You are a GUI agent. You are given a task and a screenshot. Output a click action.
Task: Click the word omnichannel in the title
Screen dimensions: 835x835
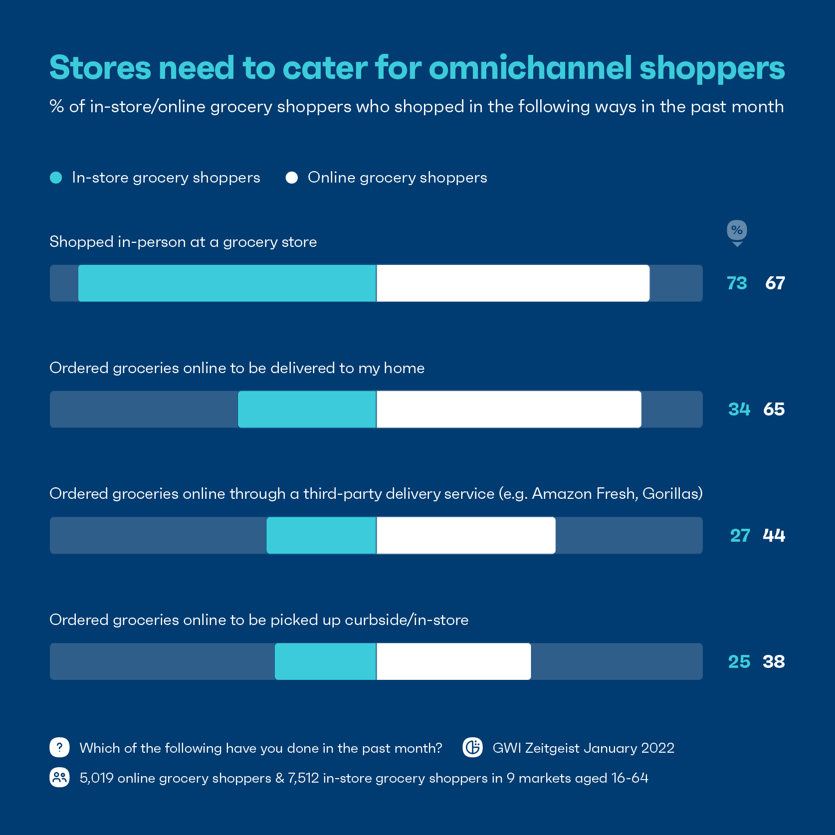tap(531, 68)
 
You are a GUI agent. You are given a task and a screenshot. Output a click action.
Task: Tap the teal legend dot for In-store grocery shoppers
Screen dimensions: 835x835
tap(56, 178)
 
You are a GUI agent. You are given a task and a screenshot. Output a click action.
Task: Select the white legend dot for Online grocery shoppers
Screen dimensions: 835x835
tap(292, 178)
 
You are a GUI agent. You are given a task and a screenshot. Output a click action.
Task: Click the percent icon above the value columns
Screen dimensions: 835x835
tap(737, 231)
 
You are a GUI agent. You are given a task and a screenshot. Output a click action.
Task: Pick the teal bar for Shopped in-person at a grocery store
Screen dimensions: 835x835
tap(227, 283)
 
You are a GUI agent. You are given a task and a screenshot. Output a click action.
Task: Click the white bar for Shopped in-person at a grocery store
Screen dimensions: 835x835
tap(513, 283)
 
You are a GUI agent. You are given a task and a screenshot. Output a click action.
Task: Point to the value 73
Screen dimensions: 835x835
tap(737, 283)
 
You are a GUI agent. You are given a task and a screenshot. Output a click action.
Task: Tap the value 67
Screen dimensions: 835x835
tap(775, 283)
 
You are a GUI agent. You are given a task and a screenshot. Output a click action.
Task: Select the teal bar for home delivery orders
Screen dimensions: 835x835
tap(307, 410)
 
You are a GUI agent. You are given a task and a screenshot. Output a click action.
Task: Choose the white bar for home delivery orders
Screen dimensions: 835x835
tap(509, 410)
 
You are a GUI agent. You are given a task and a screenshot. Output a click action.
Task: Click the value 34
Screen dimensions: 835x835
tap(739, 410)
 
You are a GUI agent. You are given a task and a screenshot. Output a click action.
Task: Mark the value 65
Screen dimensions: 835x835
tap(774, 410)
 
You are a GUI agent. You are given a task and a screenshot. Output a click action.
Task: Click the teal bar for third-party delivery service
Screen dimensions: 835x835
tap(321, 535)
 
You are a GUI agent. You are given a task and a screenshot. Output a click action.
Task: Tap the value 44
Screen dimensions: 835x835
tap(774, 536)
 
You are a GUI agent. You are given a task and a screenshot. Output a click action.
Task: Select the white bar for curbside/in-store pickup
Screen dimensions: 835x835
tap(453, 661)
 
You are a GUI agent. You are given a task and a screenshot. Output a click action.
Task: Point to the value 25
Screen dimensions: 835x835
tap(739, 662)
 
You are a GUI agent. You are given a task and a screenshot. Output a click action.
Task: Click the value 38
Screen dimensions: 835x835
tap(774, 662)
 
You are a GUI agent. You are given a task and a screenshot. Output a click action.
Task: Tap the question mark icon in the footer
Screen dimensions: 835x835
tap(59, 747)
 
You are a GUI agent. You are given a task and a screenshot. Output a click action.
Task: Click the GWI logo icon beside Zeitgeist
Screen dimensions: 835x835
tap(472, 747)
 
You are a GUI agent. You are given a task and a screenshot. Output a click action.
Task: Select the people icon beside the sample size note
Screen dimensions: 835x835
tap(59, 777)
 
